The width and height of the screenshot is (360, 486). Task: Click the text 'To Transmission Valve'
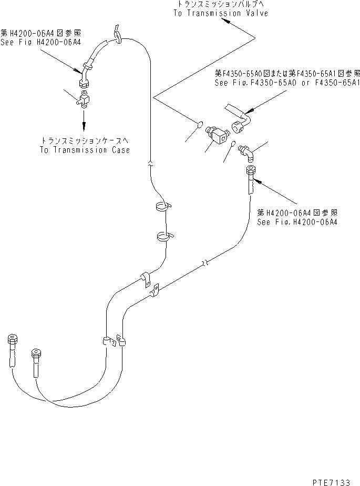[x=221, y=13]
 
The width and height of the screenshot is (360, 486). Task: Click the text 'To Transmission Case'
[x=85, y=150]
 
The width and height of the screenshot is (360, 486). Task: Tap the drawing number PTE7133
[x=331, y=482]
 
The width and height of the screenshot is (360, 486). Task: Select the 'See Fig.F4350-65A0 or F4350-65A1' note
[x=287, y=83]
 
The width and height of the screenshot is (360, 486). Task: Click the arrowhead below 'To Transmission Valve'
[x=226, y=22]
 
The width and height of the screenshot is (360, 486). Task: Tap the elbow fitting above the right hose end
[x=247, y=152]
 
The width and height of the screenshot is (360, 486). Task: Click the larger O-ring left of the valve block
[x=200, y=125]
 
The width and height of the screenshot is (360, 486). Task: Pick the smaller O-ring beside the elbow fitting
[x=233, y=143]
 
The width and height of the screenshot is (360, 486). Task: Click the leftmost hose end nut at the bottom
[x=12, y=339]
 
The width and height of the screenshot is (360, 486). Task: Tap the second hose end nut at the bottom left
[x=37, y=353]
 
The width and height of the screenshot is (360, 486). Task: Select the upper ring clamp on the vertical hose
[x=163, y=206]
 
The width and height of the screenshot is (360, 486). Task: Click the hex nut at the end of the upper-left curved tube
[x=84, y=84]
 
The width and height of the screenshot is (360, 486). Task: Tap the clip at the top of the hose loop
[x=117, y=34]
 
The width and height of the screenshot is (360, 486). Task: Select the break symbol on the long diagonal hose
[x=205, y=263]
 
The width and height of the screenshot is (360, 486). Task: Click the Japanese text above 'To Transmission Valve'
[x=221, y=4]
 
